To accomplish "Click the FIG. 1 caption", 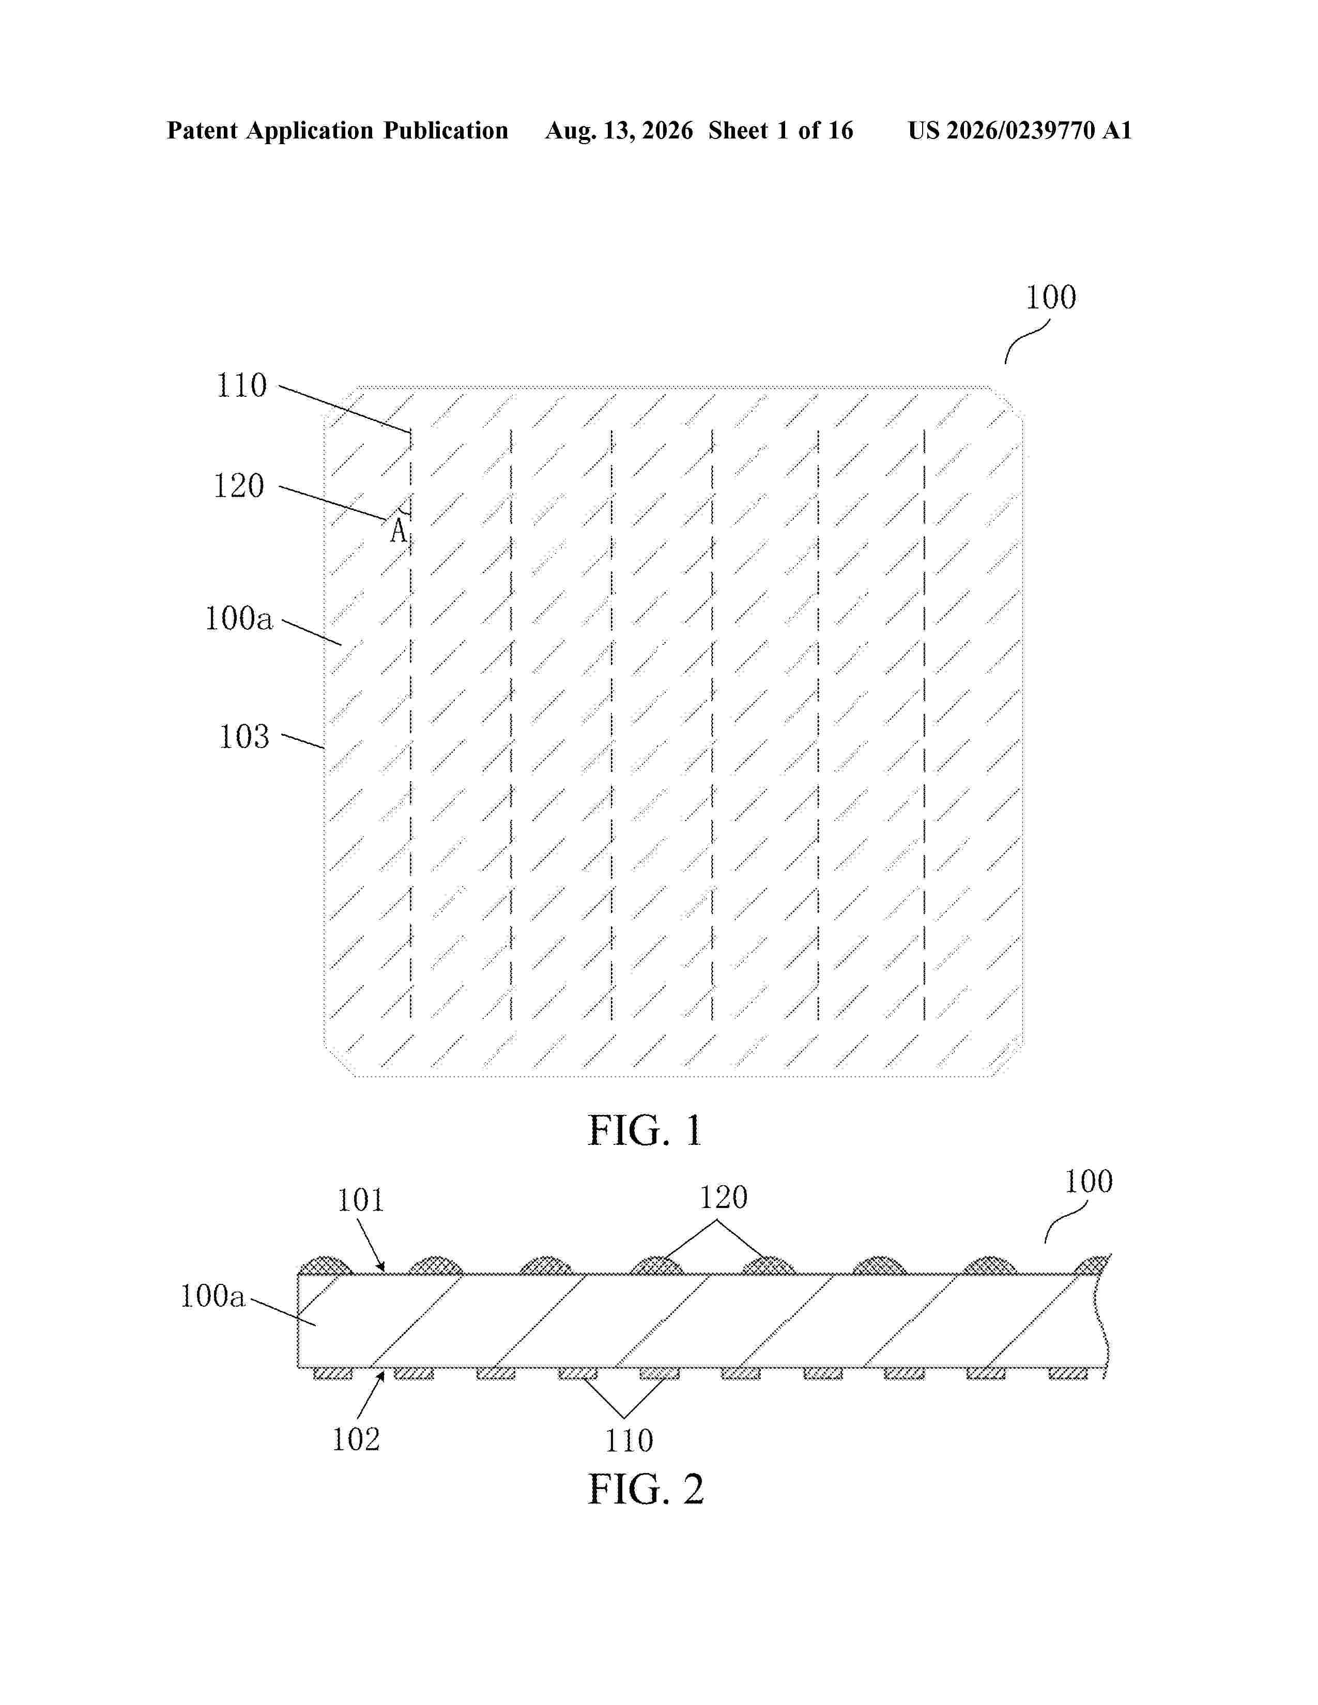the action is tap(645, 1130).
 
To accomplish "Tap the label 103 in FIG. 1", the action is tap(243, 737).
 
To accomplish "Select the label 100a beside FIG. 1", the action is tap(239, 618).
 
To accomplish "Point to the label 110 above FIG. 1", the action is tap(241, 385).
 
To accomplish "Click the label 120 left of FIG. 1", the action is tap(239, 486).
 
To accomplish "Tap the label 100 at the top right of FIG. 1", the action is tap(1050, 298).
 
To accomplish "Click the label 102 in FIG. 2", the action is tap(356, 1439).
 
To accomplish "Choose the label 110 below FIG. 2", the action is tap(629, 1440).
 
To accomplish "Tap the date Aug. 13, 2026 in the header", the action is tap(619, 130).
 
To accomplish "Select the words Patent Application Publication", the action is tap(338, 130).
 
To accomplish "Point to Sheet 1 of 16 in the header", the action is tap(781, 130).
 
